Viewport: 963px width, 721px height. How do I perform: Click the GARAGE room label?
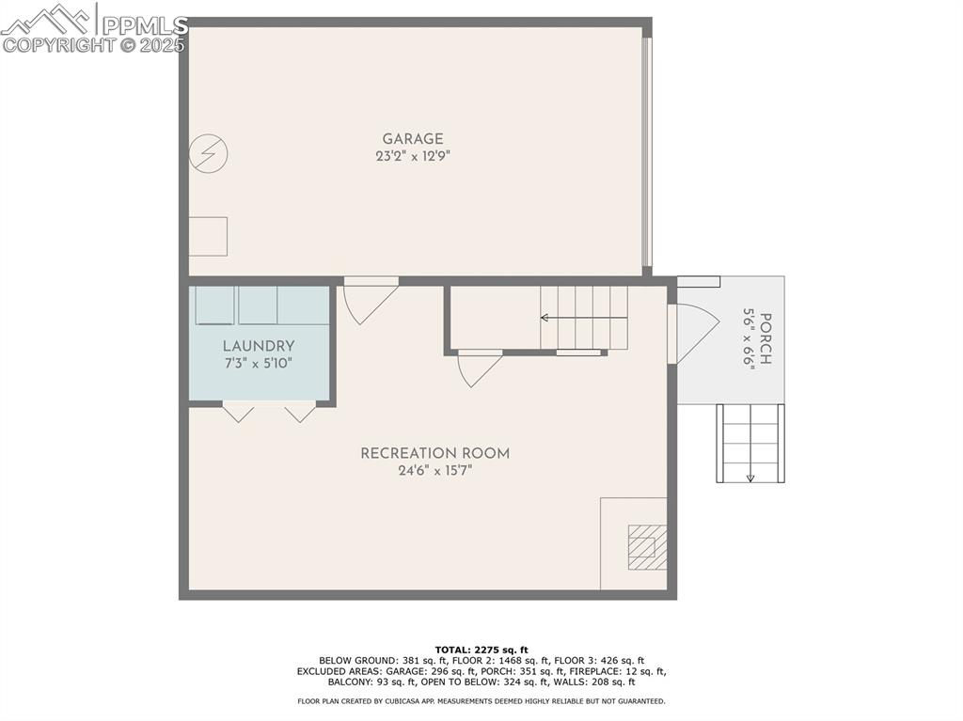pos(412,139)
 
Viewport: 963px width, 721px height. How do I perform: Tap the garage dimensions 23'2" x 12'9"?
pos(412,157)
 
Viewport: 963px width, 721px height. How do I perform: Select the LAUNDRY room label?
pos(259,346)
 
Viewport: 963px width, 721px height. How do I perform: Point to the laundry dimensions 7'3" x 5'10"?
pos(259,363)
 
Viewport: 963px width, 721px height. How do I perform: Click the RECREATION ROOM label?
pos(434,453)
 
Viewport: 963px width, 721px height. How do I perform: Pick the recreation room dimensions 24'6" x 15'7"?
pos(434,471)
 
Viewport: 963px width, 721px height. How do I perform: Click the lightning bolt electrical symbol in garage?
pos(208,153)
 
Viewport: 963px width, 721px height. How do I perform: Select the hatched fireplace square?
pos(647,547)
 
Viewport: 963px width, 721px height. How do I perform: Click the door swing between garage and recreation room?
pos(368,298)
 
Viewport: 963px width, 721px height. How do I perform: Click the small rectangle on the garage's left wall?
pos(208,236)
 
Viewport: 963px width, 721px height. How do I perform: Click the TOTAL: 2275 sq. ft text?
pos(481,650)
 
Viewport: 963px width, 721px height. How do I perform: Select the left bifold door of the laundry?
pos(238,412)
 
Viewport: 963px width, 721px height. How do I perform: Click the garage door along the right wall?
pos(646,150)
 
